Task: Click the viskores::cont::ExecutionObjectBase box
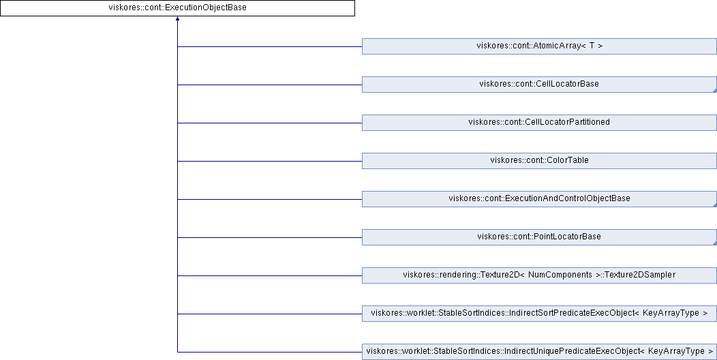tap(177, 7)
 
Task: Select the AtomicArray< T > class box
tap(539, 46)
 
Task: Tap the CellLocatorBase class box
tap(539, 85)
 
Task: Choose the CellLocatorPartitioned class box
tap(539, 123)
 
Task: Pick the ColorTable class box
tap(539, 161)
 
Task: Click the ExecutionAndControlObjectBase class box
tap(539, 199)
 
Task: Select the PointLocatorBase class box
tap(539, 237)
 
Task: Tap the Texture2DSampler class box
tap(539, 275)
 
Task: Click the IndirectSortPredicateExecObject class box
tap(539, 314)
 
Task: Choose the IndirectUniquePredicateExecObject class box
tap(539, 352)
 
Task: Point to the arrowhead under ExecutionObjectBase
tap(177, 18)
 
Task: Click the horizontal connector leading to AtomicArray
tap(270, 46)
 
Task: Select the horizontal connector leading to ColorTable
tap(270, 161)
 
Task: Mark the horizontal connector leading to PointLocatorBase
tap(270, 237)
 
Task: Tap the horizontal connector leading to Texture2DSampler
tap(270, 276)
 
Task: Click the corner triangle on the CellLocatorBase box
tap(715, 91)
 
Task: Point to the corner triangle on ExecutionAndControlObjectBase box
tap(715, 205)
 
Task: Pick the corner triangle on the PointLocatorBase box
tap(715, 243)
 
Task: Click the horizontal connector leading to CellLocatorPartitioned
tap(270, 123)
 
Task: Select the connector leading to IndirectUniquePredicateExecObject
tap(270, 352)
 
